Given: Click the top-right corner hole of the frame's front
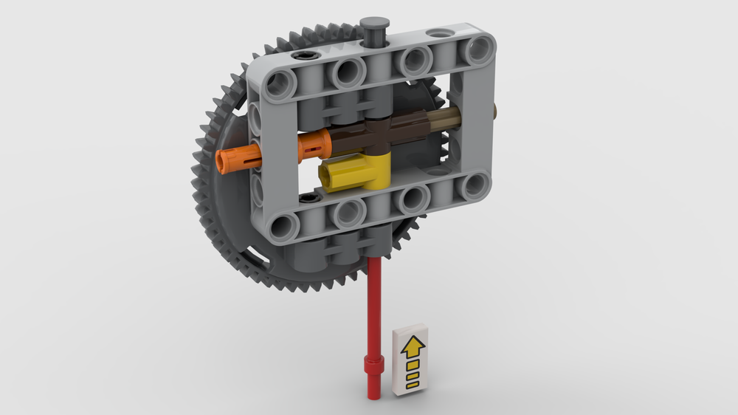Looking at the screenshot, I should click(474, 50).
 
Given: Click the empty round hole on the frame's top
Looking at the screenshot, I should click(441, 34).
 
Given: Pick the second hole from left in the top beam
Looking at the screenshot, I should click(346, 72).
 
